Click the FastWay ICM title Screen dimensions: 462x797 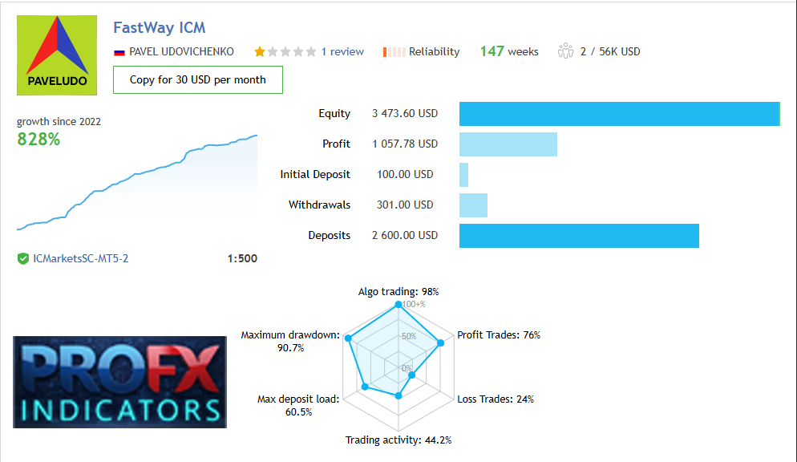tap(160, 28)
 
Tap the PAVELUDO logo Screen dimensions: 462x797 tap(56, 55)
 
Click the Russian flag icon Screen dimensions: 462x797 tap(119, 51)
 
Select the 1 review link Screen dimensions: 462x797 tap(342, 51)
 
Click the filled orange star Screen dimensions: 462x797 tap(260, 51)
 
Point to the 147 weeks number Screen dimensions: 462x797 tap(492, 51)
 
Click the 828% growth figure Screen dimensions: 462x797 tap(38, 139)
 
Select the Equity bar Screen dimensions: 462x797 tap(619, 114)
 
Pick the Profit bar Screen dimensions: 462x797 tap(508, 144)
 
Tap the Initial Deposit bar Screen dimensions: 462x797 tap(463, 174)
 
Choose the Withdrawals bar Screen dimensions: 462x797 tap(473, 205)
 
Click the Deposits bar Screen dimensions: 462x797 tap(579, 236)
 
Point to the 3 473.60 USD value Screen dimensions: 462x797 tap(405, 114)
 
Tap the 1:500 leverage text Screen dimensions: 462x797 tap(242, 259)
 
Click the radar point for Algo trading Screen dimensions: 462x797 tap(398, 305)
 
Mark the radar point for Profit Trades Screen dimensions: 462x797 tap(440, 343)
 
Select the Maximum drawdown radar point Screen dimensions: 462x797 tap(348, 338)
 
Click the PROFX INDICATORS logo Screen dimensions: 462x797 tap(119, 381)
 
